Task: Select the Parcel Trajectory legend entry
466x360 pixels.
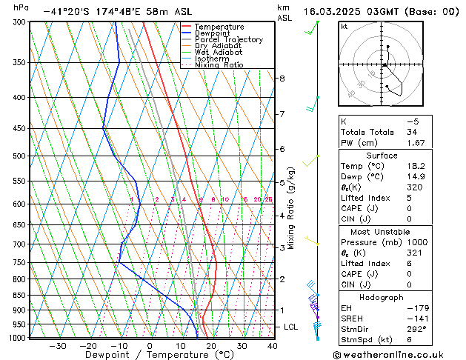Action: pos(228,40)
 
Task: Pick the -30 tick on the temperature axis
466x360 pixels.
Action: pos(57,346)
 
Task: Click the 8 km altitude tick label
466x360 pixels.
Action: pos(282,79)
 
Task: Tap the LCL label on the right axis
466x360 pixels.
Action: pos(291,327)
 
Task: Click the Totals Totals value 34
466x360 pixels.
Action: pos(412,132)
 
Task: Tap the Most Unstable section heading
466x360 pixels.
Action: pos(392,231)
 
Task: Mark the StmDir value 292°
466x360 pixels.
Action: pos(417,329)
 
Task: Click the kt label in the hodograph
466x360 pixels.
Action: pos(344,26)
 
